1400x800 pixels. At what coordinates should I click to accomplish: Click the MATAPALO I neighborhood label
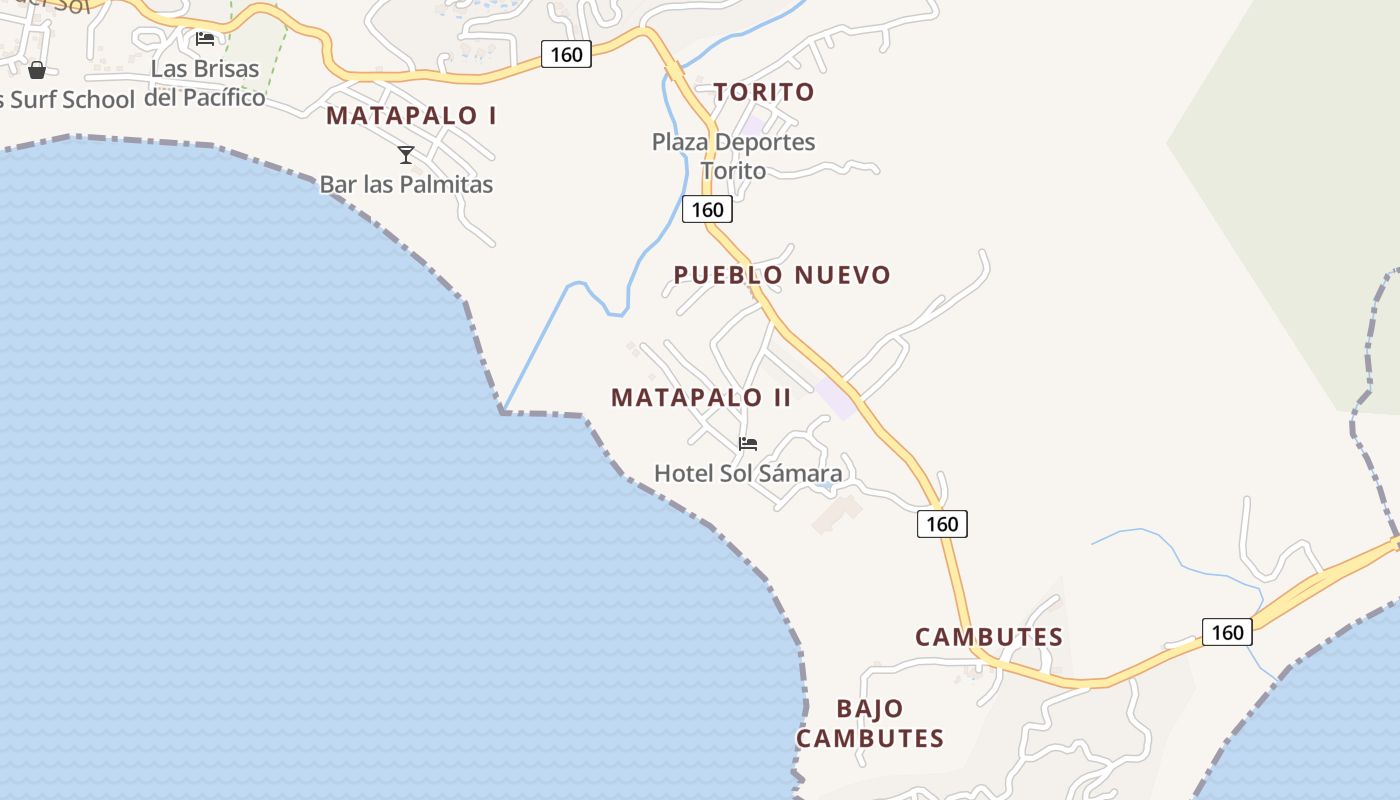pos(411,115)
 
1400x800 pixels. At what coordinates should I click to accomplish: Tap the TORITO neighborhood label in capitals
pos(764,92)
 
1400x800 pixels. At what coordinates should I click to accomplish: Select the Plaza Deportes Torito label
pos(733,156)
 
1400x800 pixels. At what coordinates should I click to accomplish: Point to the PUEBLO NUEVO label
pos(781,275)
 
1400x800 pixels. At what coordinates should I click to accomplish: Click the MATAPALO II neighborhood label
pos(701,398)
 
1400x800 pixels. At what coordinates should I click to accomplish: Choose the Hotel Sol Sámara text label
pos(748,473)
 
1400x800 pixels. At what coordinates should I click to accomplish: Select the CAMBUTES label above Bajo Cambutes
pos(988,637)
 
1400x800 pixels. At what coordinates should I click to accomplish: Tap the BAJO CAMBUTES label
pos(870,723)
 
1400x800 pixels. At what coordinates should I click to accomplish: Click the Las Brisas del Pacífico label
pos(205,83)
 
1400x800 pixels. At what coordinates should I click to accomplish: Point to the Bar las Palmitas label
pos(406,184)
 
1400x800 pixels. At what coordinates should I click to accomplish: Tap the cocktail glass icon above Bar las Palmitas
pos(406,154)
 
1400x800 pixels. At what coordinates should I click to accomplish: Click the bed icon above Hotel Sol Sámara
pos(747,444)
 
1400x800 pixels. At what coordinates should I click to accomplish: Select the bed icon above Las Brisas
pos(205,39)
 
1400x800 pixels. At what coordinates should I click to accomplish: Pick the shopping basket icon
pos(37,70)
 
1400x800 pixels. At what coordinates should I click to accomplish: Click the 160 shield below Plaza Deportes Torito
pos(707,210)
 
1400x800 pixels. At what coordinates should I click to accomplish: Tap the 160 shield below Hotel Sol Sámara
pos(942,524)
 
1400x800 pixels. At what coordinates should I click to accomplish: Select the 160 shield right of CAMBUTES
pos(1226,632)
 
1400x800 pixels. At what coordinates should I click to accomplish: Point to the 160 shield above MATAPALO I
pos(566,54)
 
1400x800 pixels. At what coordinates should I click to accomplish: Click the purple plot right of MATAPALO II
pos(836,398)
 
